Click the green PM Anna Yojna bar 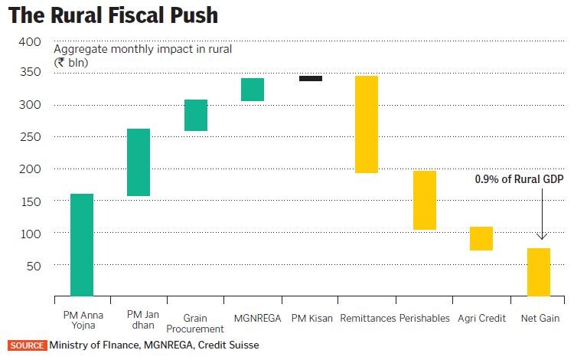[82, 244]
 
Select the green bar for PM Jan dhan [139, 162]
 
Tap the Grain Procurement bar [196, 115]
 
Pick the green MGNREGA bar [253, 90]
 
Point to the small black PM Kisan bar [311, 78]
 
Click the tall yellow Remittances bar [367, 124]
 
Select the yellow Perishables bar [425, 200]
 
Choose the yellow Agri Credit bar [481, 238]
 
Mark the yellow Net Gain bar [539, 272]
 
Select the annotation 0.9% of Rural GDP [519, 179]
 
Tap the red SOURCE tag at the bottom [28, 345]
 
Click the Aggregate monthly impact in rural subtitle [142, 49]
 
